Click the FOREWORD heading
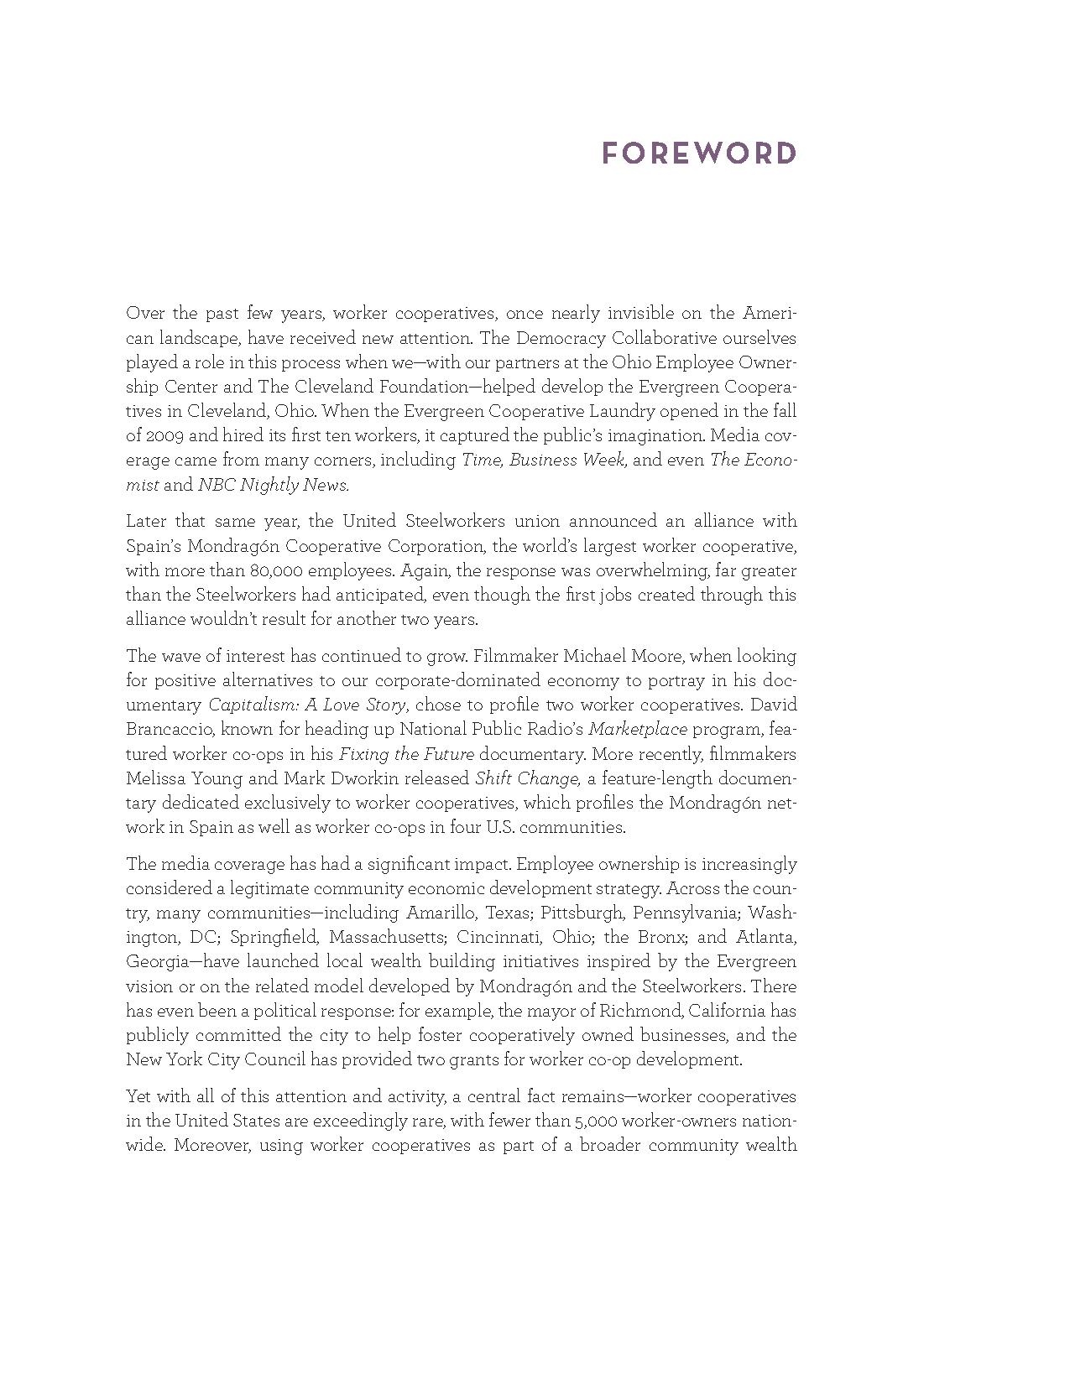699,154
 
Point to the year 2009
149,436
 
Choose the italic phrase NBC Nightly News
273,485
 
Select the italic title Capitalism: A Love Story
307,705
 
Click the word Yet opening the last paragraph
139,1097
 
